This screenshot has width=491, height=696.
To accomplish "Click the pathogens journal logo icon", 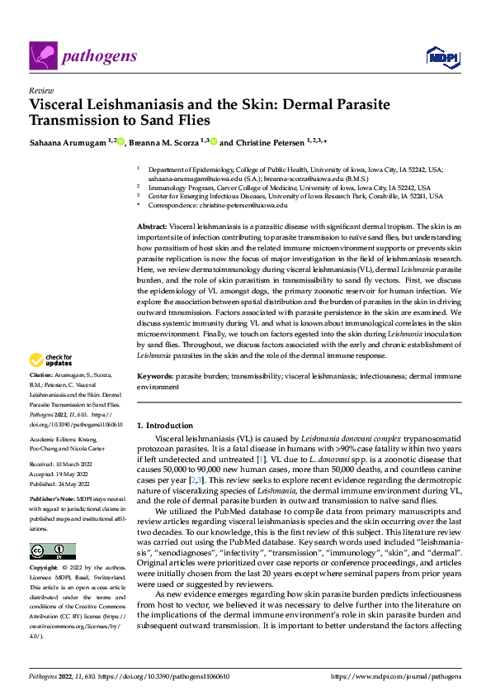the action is click(x=42, y=56).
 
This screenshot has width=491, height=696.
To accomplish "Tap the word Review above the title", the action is click(x=40, y=90).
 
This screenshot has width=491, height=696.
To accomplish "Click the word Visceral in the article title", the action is click(x=61, y=106).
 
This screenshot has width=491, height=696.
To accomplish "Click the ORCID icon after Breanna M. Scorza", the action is click(x=212, y=142).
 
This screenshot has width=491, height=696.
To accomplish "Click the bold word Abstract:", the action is click(x=152, y=226).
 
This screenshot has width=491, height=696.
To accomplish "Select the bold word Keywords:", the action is click(x=155, y=377).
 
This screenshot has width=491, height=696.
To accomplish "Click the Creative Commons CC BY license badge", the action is click(x=52, y=551).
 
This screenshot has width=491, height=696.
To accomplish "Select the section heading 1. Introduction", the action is click(x=165, y=425).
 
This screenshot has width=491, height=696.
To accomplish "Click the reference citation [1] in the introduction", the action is click(x=261, y=457).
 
